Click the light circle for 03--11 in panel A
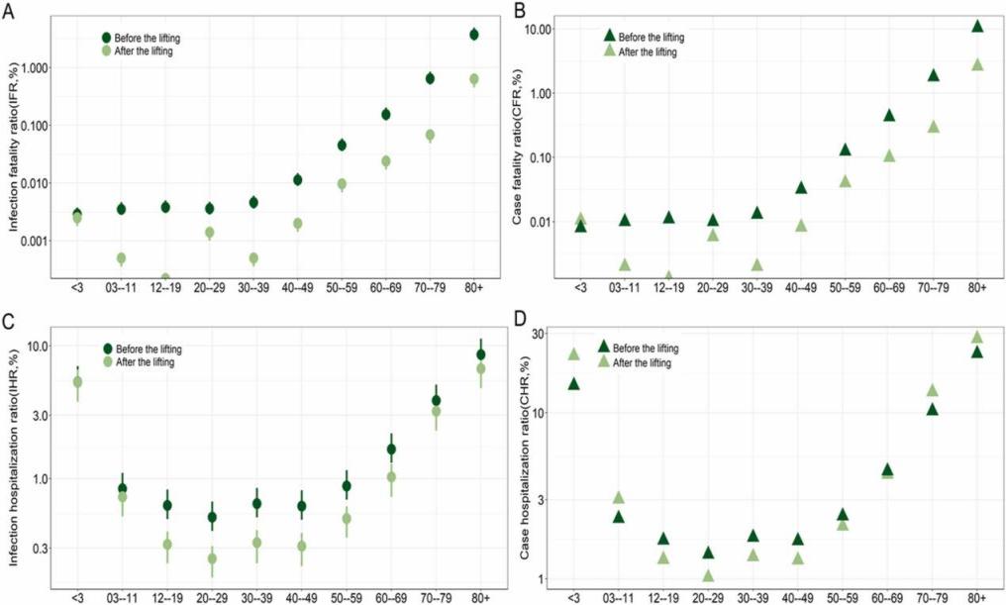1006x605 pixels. click(121, 258)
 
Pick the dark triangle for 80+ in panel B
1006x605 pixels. click(977, 27)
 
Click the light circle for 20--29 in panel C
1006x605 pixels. click(211, 558)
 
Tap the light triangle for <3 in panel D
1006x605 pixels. click(572, 353)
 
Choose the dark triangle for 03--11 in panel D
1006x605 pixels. click(618, 516)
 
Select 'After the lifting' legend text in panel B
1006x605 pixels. click(647, 51)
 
